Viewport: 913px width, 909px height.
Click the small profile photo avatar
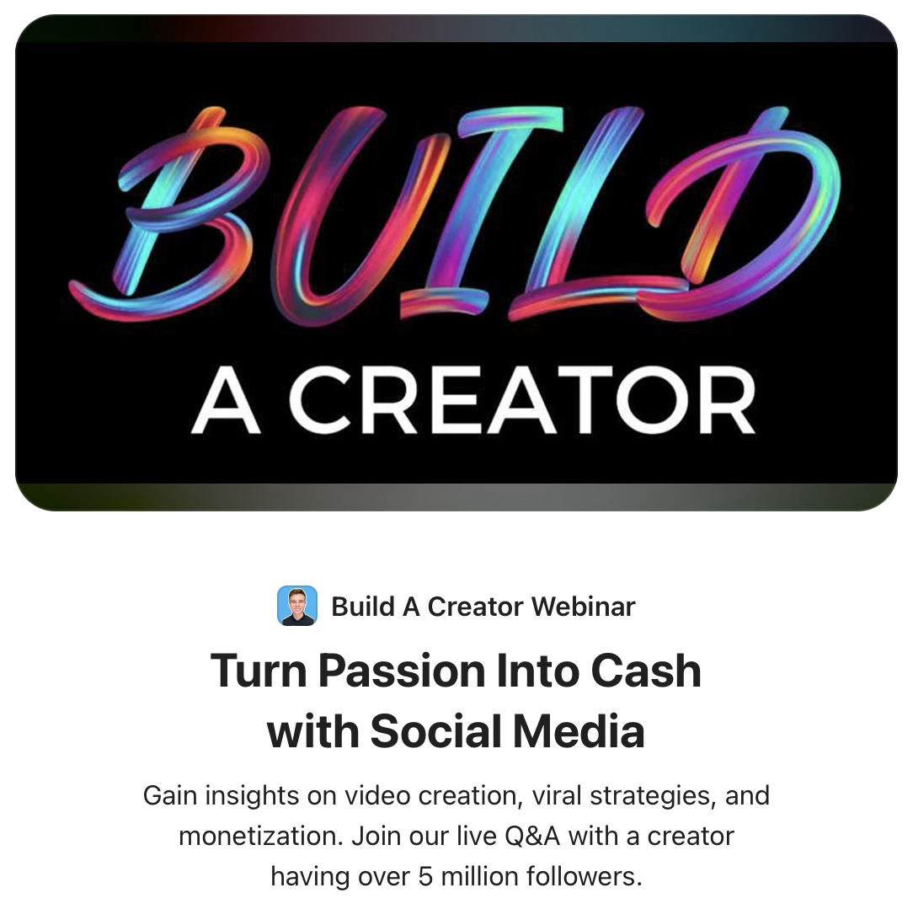click(297, 606)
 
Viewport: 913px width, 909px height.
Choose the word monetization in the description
click(261, 837)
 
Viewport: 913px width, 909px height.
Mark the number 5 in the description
click(424, 877)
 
